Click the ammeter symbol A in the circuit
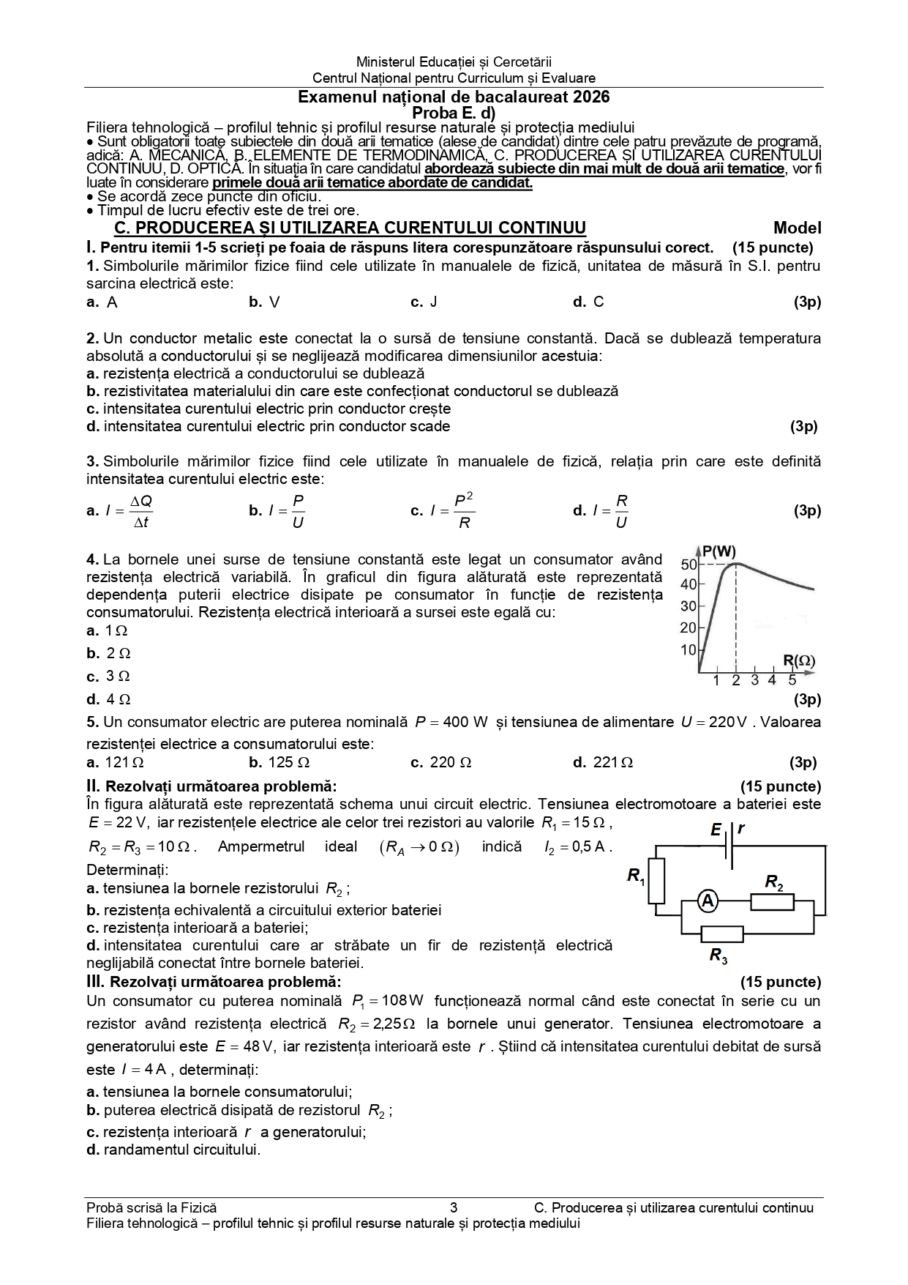pyautogui.click(x=707, y=901)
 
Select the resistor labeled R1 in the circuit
pyautogui.click(x=657, y=881)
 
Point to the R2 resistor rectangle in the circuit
pyautogui.click(x=773, y=901)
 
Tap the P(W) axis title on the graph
pyautogui.click(x=718, y=551)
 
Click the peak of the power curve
pyautogui.click(x=738, y=564)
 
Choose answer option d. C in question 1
pyautogui.click(x=589, y=302)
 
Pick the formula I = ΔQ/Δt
pyautogui.click(x=129, y=511)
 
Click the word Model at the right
pyautogui.click(x=797, y=228)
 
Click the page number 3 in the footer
pyautogui.click(x=454, y=1207)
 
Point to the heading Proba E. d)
pyautogui.click(x=454, y=113)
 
